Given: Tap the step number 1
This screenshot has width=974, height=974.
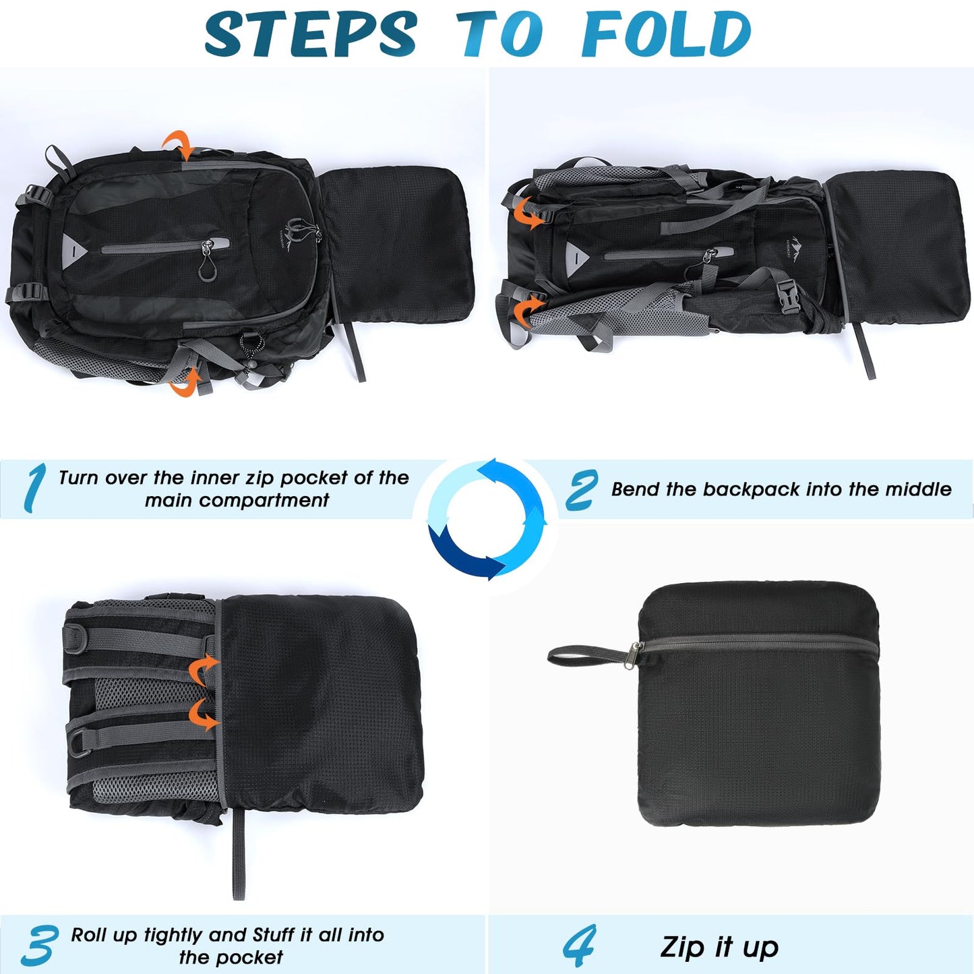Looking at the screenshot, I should [x=34, y=487].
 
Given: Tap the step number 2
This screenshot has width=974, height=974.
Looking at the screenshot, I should [x=581, y=490].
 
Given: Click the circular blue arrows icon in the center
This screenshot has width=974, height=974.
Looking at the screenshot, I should [x=487, y=519].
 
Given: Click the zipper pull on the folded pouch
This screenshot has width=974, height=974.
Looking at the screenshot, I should [x=634, y=650].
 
